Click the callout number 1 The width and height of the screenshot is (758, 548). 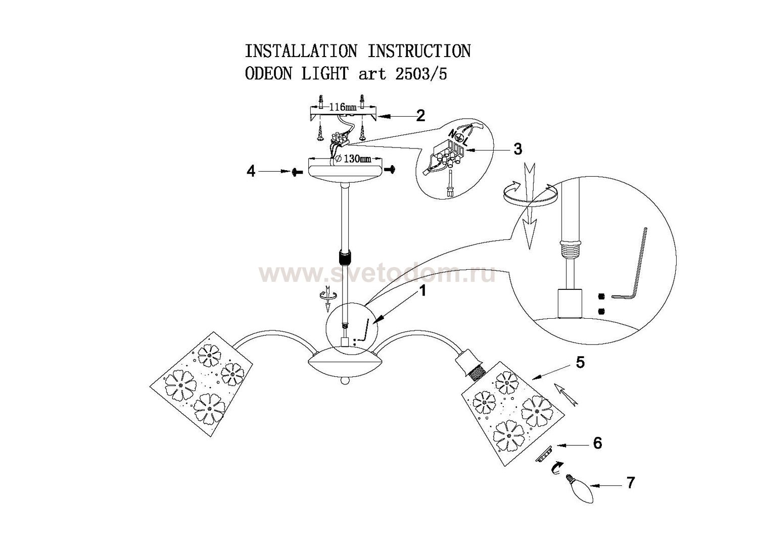coord(422,291)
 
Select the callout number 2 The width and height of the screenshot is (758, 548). coord(420,116)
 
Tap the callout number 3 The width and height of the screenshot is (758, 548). coord(517,149)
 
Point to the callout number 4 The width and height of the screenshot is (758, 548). coord(251,172)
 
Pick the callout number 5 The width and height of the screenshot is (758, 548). coord(580,362)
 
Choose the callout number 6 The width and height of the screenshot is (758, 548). coord(597,443)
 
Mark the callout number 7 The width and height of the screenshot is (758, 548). coord(630,483)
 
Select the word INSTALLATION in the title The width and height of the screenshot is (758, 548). coord(301,52)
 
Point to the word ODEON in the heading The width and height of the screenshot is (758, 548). coord(268,74)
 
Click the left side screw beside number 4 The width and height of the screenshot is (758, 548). coord(295,172)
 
